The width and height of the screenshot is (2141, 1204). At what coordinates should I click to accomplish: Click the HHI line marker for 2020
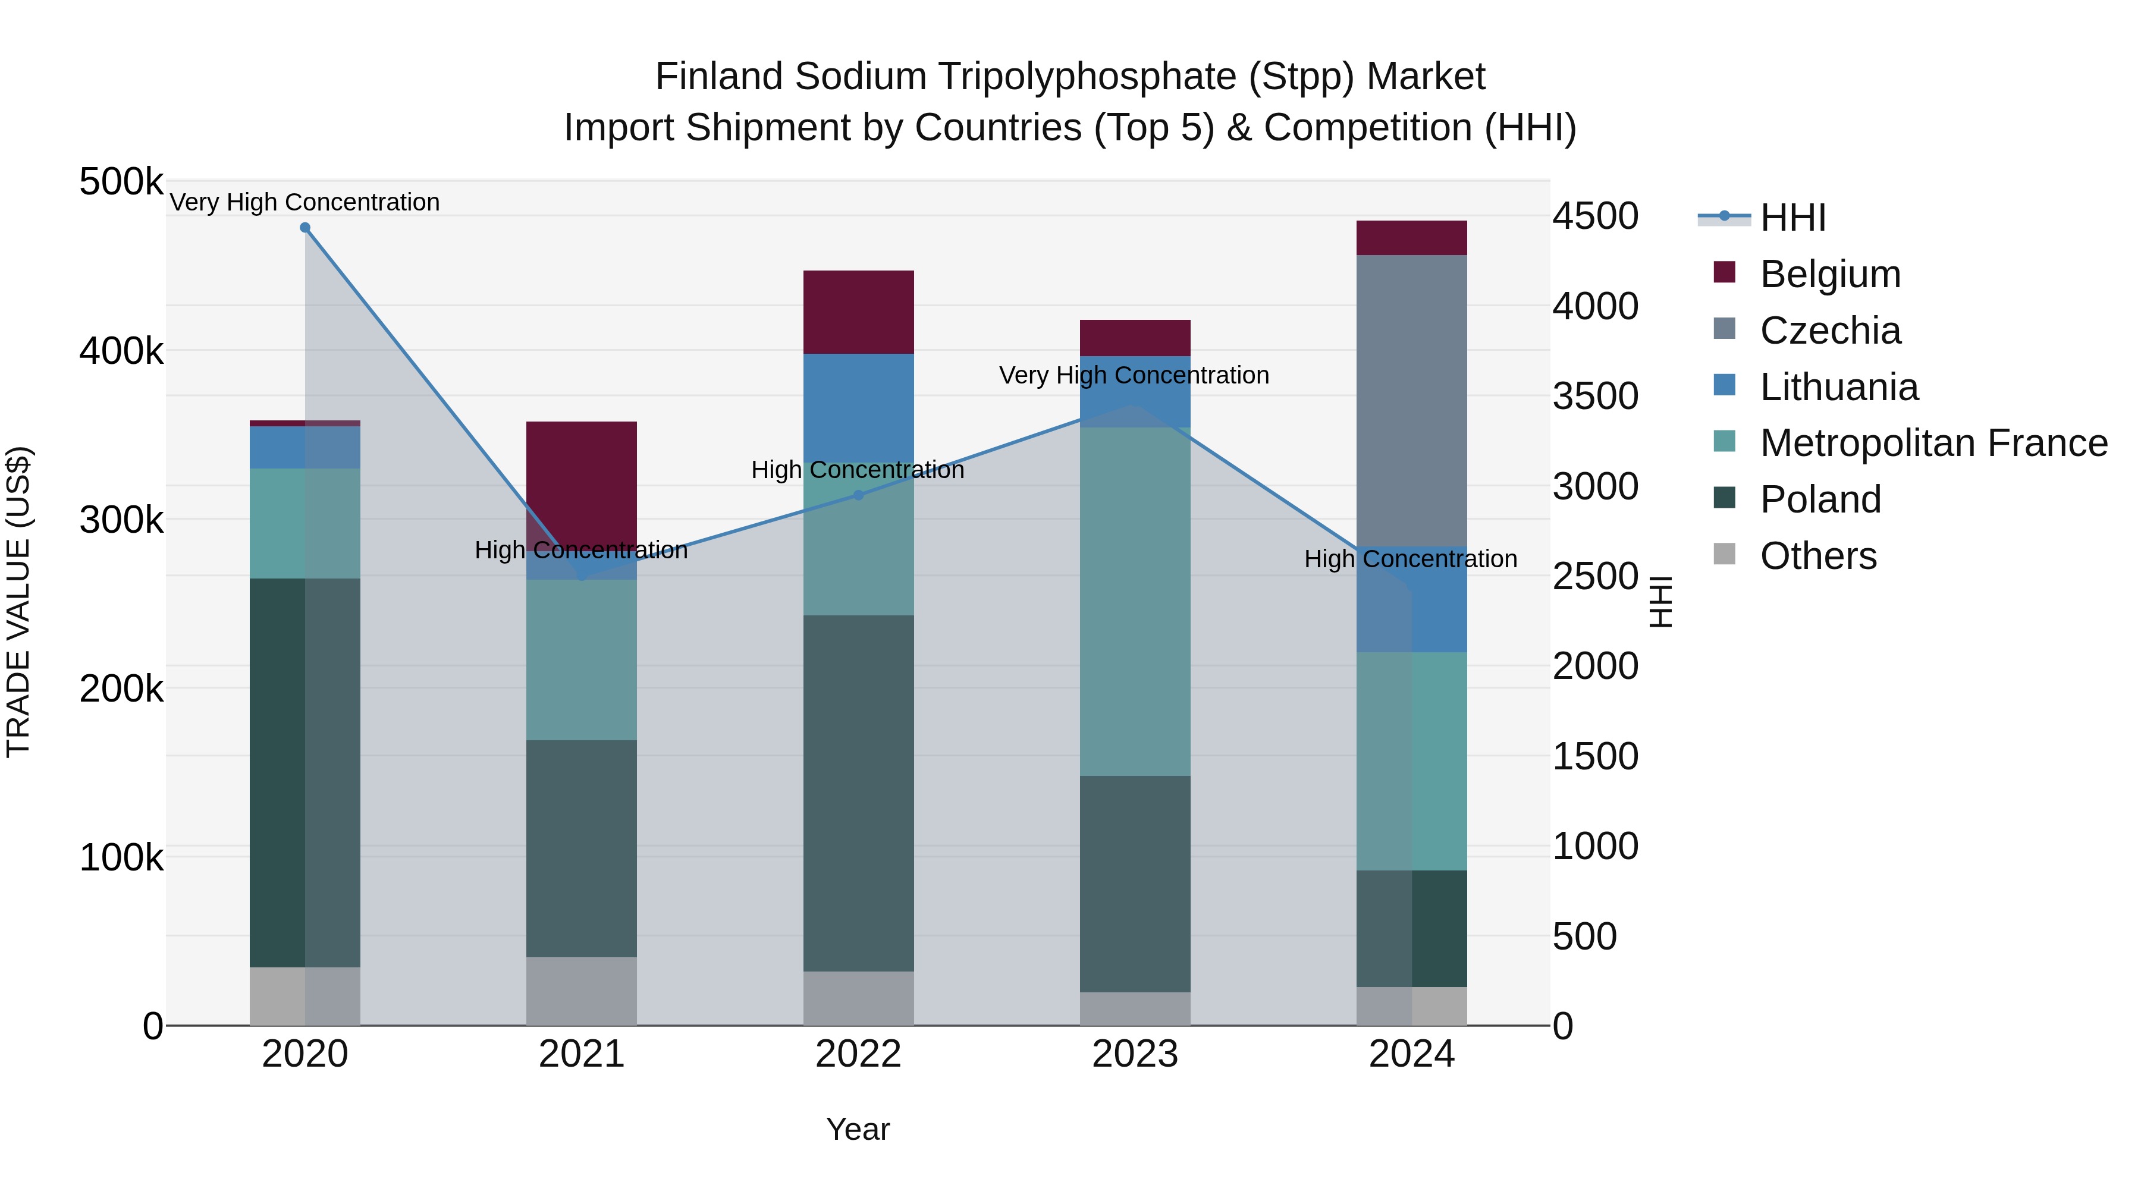tap(305, 228)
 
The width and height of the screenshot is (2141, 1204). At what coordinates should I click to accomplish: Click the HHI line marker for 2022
tap(859, 495)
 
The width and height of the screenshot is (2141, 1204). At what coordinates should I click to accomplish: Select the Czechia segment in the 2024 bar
tap(1411, 399)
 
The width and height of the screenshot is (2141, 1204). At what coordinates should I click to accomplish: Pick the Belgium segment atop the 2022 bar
tap(859, 312)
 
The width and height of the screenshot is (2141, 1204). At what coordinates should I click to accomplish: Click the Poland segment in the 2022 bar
tap(859, 794)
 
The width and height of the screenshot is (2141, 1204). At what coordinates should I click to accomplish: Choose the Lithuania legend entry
tap(1838, 387)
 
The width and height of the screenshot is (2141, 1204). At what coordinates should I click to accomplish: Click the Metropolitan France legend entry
tap(1933, 443)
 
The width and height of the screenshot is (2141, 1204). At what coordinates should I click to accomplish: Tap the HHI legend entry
tap(1792, 218)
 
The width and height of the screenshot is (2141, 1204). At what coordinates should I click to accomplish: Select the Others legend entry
tap(1817, 556)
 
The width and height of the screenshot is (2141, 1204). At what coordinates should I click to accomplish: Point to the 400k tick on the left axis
tap(121, 351)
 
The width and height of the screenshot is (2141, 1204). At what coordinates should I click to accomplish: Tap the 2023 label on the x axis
tap(1135, 1054)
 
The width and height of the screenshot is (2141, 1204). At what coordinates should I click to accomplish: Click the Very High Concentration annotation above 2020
tap(305, 202)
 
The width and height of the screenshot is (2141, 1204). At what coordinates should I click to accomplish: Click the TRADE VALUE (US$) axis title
tap(18, 602)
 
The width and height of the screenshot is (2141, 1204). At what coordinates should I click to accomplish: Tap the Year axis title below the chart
tap(858, 1129)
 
